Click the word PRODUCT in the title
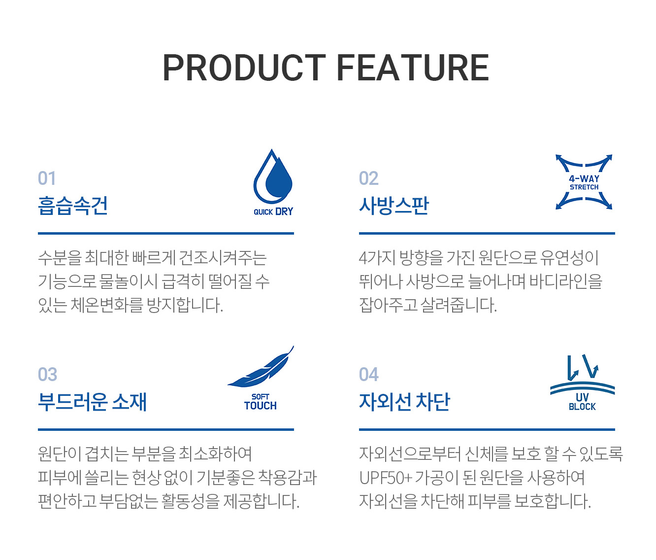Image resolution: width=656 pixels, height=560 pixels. tap(244, 68)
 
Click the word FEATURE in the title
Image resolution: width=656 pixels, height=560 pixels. tap(413, 68)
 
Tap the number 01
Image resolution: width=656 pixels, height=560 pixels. tap(47, 178)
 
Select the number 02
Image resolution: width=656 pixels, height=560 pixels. tap(368, 178)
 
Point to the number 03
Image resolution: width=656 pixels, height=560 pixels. tap(48, 375)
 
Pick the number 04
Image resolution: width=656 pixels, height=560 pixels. tap(369, 375)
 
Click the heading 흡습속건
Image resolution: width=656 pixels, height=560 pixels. tap(73, 206)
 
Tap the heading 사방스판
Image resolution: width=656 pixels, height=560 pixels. tap(394, 206)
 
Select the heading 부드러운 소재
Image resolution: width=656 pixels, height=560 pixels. tap(93, 402)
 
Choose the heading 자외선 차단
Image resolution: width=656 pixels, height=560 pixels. tap(405, 402)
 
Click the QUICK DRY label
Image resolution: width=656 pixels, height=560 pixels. tap(273, 211)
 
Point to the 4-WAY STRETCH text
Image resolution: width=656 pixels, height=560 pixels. tap(584, 182)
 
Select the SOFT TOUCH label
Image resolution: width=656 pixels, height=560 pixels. tap(261, 402)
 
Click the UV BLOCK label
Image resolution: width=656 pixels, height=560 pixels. tap(582, 402)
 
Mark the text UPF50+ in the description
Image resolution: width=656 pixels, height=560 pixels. tap(386, 478)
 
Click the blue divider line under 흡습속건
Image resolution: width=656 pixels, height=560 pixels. tap(166, 234)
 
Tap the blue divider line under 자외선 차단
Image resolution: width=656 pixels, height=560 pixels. tap(487, 429)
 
